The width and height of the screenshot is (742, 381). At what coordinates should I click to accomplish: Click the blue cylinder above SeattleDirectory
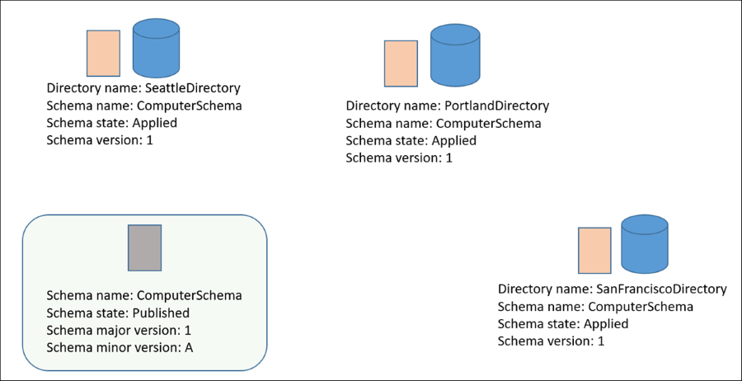pyautogui.click(x=156, y=49)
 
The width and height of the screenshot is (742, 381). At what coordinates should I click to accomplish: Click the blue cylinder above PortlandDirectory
pyautogui.click(x=455, y=55)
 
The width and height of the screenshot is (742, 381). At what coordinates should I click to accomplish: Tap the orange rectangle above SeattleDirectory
pyautogui.click(x=103, y=54)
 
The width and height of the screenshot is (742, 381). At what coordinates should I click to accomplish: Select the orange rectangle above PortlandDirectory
pyautogui.click(x=401, y=63)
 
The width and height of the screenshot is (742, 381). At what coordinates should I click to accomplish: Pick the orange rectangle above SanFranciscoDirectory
pyautogui.click(x=594, y=250)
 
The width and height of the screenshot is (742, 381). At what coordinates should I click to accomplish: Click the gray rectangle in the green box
pyautogui.click(x=144, y=247)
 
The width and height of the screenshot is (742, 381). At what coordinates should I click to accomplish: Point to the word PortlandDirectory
pyautogui.click(x=496, y=106)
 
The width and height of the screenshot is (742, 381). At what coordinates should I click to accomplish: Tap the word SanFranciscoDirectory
pyautogui.click(x=660, y=289)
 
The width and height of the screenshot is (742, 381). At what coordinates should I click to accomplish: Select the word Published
pyautogui.click(x=161, y=313)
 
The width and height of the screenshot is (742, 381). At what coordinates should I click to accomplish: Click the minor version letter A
pyautogui.click(x=188, y=347)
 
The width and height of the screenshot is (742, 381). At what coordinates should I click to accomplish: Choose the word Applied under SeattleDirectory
pyautogui.click(x=154, y=123)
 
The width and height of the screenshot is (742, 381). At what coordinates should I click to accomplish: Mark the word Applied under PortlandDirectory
pyautogui.click(x=453, y=140)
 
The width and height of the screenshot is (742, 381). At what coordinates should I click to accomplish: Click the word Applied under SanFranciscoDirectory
pyautogui.click(x=605, y=323)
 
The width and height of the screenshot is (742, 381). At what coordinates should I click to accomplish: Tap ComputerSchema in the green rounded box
pyautogui.click(x=189, y=295)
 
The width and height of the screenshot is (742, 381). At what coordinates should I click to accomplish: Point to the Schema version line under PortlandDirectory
pyautogui.click(x=399, y=158)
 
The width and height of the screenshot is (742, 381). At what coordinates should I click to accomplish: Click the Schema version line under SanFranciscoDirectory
pyautogui.click(x=551, y=341)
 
